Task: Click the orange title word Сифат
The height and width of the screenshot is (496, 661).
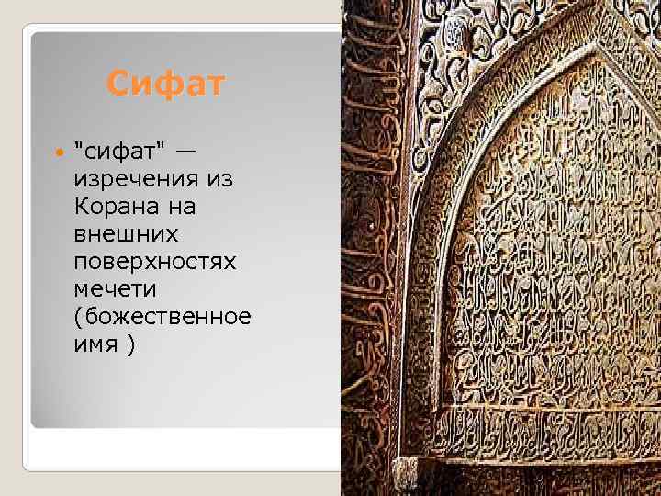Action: click(164, 85)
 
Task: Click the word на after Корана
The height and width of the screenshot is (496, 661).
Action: click(182, 206)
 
